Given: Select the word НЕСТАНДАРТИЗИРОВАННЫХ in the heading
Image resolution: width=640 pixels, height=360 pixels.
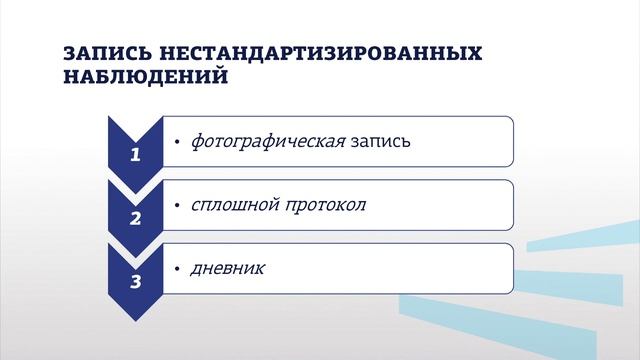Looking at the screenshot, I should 291,53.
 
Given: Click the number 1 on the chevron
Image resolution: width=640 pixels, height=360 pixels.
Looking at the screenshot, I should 136,155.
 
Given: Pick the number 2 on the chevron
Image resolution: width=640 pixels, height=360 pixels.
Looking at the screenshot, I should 136,217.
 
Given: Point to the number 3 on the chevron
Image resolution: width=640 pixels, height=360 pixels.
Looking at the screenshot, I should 136,281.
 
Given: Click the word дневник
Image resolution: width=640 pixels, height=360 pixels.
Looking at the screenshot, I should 228,269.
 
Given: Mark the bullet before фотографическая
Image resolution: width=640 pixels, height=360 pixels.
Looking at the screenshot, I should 176,142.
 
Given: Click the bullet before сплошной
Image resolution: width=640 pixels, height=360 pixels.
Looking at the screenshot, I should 176,206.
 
